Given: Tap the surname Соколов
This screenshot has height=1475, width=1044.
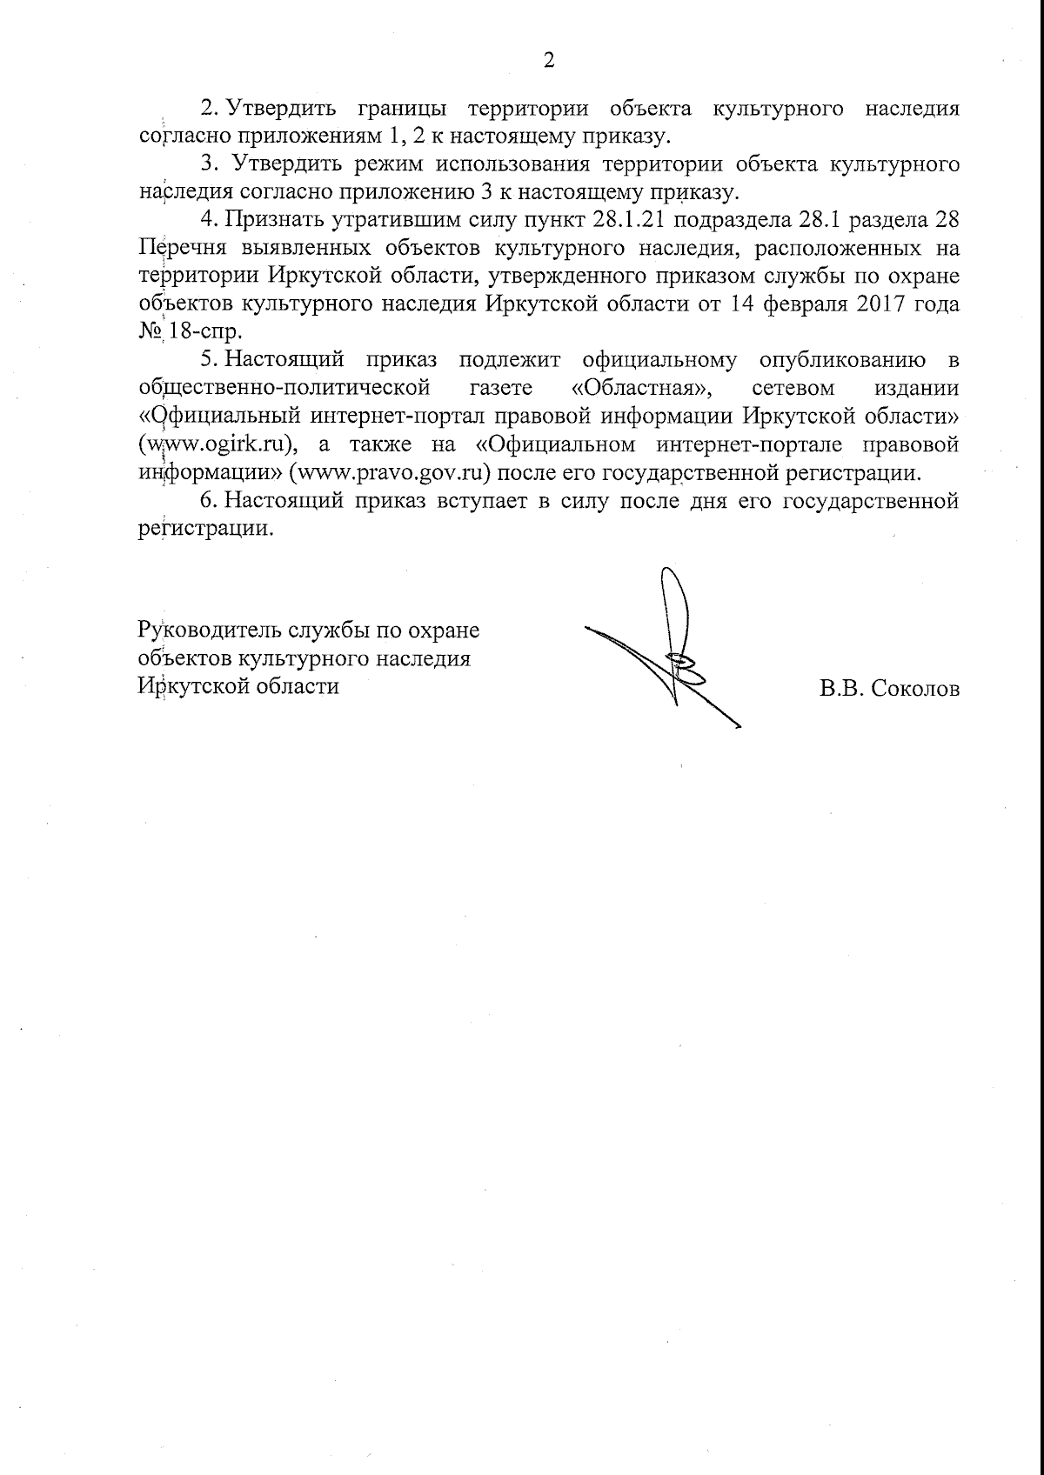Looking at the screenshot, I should pos(913,690).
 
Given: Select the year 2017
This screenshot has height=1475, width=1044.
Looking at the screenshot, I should pos(886,304).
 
